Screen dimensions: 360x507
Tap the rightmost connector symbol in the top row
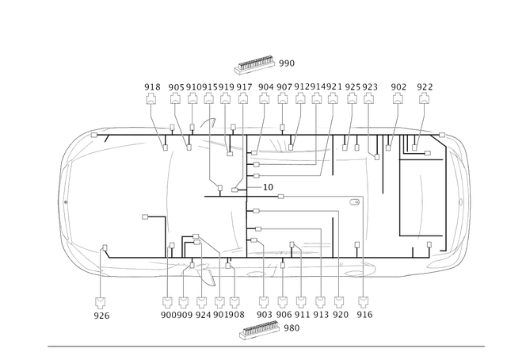pos(424,100)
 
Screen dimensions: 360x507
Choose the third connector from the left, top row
pos(193,100)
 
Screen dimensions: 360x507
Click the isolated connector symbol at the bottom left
pos(100,301)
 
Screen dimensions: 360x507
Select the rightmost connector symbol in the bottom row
pos(364,301)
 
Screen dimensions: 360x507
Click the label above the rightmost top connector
pos(425,84)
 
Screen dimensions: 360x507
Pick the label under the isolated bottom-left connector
pos(100,316)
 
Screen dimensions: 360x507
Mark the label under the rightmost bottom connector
pos(364,316)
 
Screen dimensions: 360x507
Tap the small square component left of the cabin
pos(145,216)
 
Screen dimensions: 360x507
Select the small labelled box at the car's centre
pos(268,187)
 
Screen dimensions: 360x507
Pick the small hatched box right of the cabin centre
pos(354,203)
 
